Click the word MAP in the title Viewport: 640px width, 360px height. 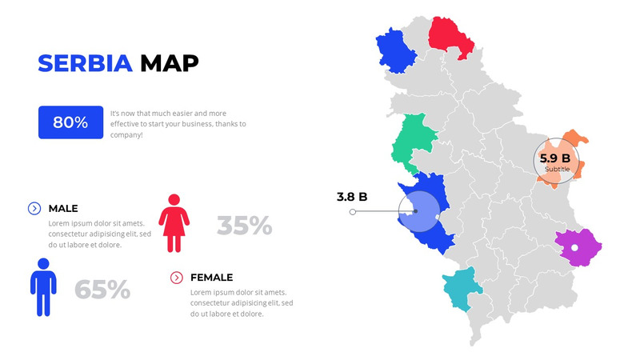click(x=170, y=63)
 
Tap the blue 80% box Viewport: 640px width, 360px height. click(x=70, y=122)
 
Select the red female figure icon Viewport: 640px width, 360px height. click(x=174, y=223)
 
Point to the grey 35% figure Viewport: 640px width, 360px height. click(x=244, y=226)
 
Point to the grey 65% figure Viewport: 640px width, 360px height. click(x=102, y=290)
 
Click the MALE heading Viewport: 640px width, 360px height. click(x=63, y=208)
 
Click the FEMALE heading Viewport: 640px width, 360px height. click(x=211, y=278)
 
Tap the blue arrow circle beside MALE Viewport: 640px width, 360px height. click(x=34, y=208)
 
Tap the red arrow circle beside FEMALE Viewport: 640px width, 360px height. click(x=177, y=278)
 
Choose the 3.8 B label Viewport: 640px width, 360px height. click(x=351, y=196)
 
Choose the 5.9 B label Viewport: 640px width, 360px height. click(x=555, y=158)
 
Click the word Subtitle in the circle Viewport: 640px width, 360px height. click(x=558, y=170)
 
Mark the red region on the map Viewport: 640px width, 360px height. click(x=453, y=36)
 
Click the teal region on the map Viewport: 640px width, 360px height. click(x=462, y=288)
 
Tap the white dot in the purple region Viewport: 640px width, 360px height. click(x=574, y=248)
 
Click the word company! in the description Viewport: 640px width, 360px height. click(x=126, y=135)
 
